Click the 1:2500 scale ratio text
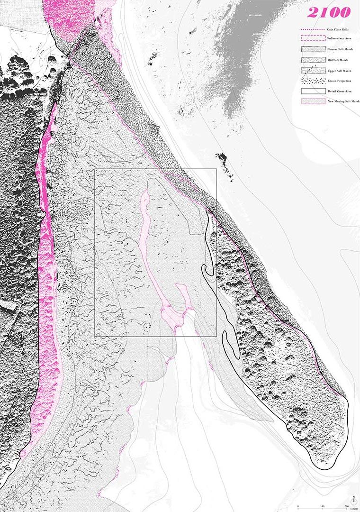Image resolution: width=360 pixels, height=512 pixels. [353, 509]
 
